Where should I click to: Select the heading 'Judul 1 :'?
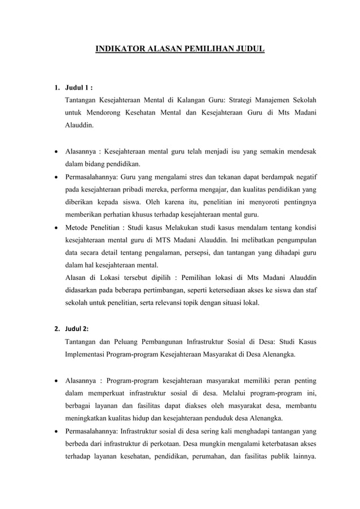pyautogui.click(x=79, y=88)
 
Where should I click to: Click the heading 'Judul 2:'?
pyautogui.click(x=79, y=328)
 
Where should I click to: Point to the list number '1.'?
pyautogui.click(x=57, y=88)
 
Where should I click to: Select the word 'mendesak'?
pyautogui.click(x=299, y=152)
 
